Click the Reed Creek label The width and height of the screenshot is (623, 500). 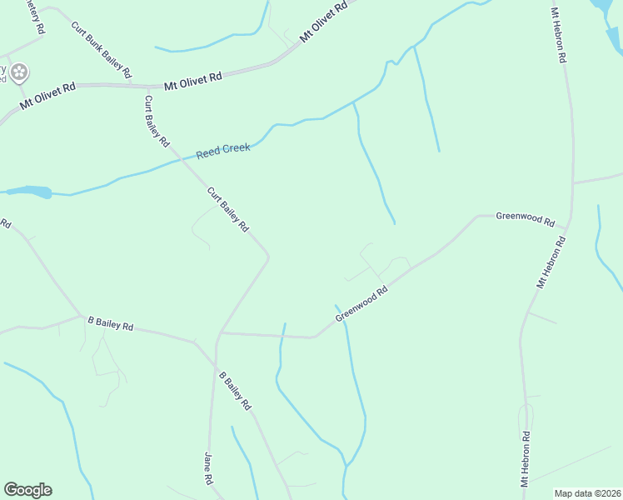[223, 152]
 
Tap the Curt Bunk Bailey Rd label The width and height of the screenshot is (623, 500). [101, 50]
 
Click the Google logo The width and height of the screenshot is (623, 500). [27, 490]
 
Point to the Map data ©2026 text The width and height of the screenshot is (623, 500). [587, 493]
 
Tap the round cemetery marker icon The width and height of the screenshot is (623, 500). [18, 73]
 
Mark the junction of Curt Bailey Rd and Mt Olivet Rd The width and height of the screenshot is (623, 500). [147, 86]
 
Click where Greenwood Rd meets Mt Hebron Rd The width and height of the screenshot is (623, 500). [567, 227]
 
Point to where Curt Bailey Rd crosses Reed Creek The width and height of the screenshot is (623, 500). [177, 157]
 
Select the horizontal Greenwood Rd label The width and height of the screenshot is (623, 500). [525, 218]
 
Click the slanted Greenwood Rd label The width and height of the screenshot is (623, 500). [362, 304]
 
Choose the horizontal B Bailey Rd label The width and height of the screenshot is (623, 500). [111, 323]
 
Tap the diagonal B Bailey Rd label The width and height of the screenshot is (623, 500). [235, 390]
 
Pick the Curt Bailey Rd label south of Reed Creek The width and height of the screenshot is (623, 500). [228, 210]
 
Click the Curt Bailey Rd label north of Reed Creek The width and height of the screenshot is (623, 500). [157, 120]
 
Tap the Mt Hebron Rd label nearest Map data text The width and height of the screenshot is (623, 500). [526, 458]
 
